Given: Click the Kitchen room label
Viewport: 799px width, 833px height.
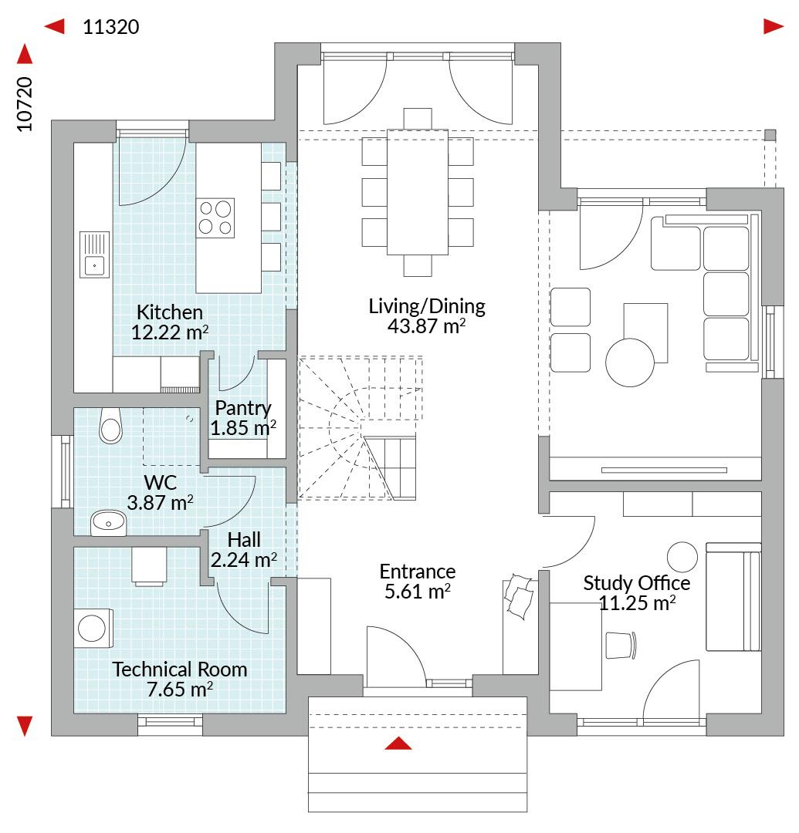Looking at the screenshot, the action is point(170,312).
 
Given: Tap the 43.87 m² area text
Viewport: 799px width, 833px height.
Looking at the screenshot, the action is point(426,326).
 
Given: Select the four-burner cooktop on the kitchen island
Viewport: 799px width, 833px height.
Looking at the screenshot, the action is point(215,218).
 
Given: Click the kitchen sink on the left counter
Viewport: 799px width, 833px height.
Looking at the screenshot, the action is point(95,255).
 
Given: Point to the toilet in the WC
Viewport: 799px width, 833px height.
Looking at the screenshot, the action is point(110,426).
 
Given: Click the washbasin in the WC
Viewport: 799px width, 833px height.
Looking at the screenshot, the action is point(108,523).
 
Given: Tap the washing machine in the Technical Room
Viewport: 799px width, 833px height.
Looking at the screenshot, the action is point(93,629).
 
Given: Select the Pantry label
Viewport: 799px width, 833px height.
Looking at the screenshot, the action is point(243,408).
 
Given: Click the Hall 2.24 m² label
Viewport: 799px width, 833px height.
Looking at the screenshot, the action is point(244,550).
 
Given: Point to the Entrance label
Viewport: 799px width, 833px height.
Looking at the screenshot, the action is point(418,572).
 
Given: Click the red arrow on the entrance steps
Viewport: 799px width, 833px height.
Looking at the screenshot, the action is point(398,744).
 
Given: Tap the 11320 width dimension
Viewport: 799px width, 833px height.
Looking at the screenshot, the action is point(111,26).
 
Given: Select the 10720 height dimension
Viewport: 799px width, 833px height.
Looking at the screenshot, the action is point(25,104).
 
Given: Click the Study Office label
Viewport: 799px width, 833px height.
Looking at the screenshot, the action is point(637,583).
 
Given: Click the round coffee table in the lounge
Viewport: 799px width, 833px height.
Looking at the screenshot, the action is point(630,363).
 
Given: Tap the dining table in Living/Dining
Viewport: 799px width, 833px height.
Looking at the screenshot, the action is point(418,192).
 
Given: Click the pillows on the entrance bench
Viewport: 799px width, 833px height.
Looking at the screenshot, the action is point(520,596).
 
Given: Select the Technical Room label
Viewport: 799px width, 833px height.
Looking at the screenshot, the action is point(180,669).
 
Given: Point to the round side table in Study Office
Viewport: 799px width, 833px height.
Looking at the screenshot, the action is point(682,558).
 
